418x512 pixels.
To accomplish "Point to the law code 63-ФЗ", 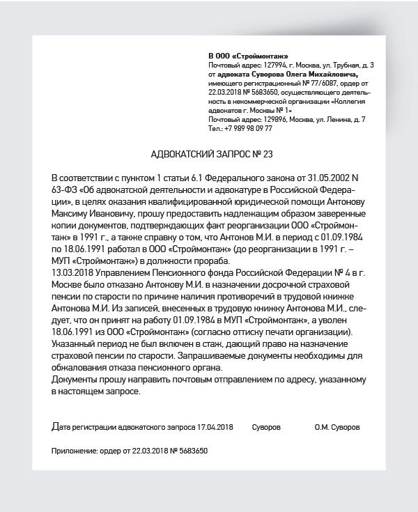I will pyautogui.click(x=64, y=183).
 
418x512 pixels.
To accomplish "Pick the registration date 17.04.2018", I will pyautogui.click(x=215, y=426).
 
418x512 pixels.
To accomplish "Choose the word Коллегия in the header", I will pyautogui.click(x=355, y=101).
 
